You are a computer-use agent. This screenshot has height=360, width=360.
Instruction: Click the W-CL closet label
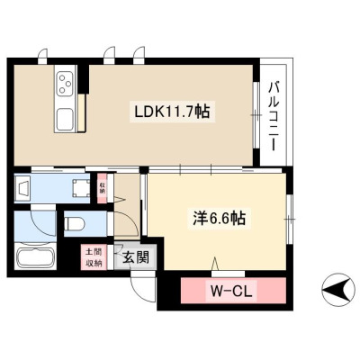tap(231, 291)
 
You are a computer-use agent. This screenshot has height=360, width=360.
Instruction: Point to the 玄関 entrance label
tap(136, 257)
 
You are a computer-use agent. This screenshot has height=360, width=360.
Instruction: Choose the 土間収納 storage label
tap(94, 257)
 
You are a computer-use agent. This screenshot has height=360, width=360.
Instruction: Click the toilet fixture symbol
tap(75, 223)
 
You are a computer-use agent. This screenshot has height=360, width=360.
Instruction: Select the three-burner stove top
tap(66, 84)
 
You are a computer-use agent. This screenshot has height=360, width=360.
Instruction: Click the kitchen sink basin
tap(65, 119)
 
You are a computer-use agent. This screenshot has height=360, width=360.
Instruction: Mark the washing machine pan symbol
tap(81, 188)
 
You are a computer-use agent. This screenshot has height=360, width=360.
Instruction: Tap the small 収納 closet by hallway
tap(103, 188)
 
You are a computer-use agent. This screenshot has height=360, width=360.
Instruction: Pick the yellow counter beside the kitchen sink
tap(81, 112)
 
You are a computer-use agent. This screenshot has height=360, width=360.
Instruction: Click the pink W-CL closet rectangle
tap(233, 291)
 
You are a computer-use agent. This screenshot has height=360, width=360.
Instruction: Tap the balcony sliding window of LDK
tap(256, 115)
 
